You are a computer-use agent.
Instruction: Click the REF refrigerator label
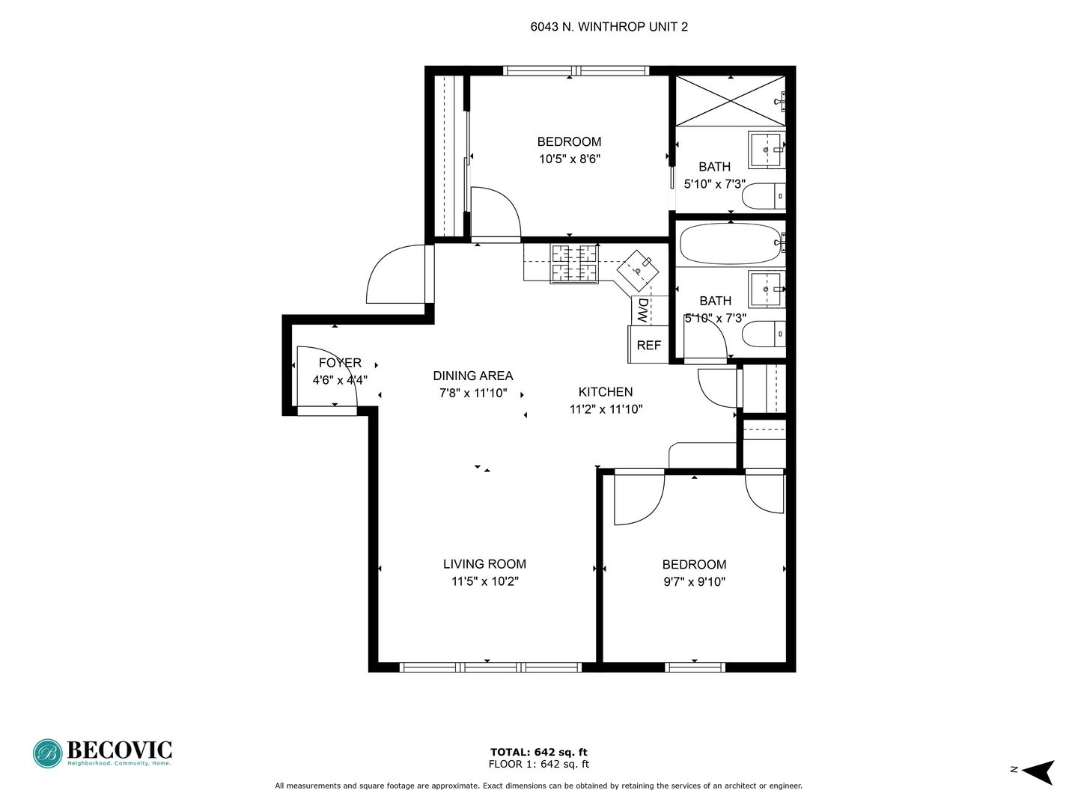(648, 346)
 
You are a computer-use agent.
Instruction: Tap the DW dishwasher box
(649, 310)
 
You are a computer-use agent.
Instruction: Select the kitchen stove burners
(574, 264)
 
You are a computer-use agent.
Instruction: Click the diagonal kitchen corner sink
(638, 271)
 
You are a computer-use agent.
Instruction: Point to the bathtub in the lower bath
(731, 244)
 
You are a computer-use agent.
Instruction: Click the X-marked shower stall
(731, 100)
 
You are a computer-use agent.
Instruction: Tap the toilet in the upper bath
(763, 196)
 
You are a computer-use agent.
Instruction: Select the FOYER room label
(340, 363)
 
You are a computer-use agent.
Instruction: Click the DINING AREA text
(473, 376)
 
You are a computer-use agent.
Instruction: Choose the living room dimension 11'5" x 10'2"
(485, 581)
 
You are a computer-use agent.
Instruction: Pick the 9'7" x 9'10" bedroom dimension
(695, 582)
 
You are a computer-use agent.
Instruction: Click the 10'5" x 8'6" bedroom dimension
(570, 159)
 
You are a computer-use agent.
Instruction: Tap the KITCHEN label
(606, 392)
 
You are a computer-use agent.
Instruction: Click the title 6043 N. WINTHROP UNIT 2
(609, 27)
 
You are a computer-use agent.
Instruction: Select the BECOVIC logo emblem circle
(48, 753)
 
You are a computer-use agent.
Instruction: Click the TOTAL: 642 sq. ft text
(539, 752)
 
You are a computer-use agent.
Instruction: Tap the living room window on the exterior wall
(490, 667)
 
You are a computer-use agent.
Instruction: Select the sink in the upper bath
(766, 149)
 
